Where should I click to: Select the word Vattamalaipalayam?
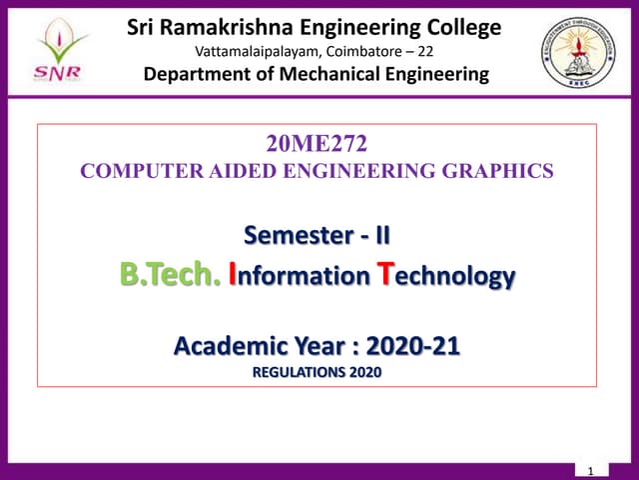[x=252, y=51]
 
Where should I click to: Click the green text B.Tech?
[x=171, y=275]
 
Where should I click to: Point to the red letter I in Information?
[x=234, y=274]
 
